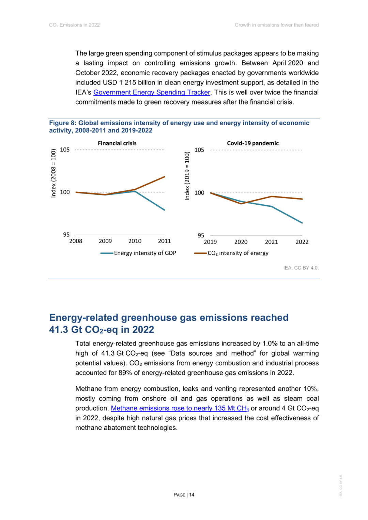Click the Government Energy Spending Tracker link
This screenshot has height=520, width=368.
pos(152,92)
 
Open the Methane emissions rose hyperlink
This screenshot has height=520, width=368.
pos(180,408)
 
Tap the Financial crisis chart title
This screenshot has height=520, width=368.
pos(117,143)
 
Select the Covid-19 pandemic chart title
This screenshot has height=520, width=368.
pos(253,143)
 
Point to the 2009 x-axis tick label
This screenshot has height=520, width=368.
pos(105,241)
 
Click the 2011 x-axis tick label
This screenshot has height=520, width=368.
pos(164,241)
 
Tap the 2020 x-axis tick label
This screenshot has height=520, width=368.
pos(241,242)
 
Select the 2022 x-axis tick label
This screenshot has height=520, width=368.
pos(302,242)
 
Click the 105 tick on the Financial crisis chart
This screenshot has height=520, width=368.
pos(65,150)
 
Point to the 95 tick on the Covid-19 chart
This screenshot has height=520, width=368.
pos(201,235)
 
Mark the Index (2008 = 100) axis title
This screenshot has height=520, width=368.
pos(53,173)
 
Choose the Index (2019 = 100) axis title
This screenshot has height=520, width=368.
pos(187,176)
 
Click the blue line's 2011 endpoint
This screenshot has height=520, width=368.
pos(165,210)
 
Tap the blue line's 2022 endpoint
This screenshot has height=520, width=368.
pos(302,223)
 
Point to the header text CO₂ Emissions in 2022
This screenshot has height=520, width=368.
pos(74,25)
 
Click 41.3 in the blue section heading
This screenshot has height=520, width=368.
pos(58,330)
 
